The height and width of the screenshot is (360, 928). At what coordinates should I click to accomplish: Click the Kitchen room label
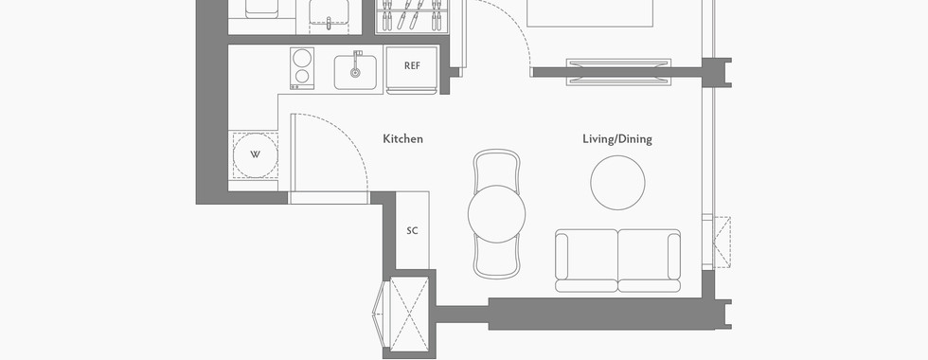coord(402,139)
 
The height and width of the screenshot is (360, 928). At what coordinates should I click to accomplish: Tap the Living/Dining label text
coord(617,139)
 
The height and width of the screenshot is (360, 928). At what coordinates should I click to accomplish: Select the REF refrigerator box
coord(412,69)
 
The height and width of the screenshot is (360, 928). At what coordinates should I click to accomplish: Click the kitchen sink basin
coord(355,72)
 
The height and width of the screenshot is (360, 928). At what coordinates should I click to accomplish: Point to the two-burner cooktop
coord(302,68)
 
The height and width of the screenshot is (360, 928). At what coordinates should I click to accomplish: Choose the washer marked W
coord(255,155)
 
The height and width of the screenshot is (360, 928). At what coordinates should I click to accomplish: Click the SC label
coord(412,230)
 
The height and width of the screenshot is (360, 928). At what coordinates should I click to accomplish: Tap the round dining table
coord(496,214)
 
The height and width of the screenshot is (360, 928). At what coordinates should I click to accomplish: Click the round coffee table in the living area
coord(617,182)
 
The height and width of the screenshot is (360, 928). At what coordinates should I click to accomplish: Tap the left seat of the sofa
coord(586,260)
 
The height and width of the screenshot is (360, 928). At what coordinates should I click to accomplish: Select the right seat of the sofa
coord(650,260)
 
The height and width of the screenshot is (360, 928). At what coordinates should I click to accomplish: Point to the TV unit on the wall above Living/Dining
coord(618,72)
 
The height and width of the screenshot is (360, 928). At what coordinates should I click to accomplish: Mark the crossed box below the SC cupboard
coord(409,314)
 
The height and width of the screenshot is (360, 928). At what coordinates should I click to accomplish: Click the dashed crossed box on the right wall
coord(722,242)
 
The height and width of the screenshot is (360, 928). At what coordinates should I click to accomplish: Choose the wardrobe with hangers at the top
coord(411,16)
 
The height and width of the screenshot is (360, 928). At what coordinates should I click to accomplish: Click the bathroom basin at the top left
coord(329,14)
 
